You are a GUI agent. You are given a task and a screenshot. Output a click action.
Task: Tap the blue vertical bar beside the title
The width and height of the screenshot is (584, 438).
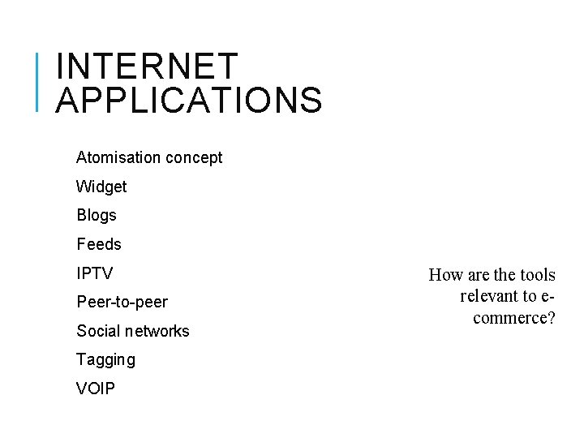(39, 81)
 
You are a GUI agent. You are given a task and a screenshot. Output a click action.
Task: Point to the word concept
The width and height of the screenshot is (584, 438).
(194, 157)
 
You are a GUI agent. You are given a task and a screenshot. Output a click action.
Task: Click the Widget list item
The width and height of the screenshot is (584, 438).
(101, 187)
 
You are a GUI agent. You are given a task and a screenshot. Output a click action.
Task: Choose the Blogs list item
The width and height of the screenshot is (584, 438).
(97, 216)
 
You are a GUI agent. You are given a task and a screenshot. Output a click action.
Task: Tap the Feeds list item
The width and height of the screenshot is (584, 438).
(99, 244)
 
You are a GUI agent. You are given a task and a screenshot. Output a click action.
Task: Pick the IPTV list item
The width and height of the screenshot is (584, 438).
(95, 273)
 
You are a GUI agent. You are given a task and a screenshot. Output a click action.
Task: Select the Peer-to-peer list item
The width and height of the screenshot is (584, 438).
(122, 303)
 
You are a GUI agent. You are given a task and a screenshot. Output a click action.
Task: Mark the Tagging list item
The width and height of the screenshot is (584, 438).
(105, 359)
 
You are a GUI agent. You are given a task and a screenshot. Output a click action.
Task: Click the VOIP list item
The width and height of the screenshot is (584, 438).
(96, 389)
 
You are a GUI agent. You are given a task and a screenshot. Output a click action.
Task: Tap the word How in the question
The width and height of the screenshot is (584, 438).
(444, 275)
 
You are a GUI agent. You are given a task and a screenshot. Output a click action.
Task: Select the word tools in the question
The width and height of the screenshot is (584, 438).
(537, 275)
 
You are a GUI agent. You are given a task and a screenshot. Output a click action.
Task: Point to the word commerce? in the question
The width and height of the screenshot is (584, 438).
(514, 317)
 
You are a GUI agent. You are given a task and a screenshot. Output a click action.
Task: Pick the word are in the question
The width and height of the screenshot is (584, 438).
(474, 275)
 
